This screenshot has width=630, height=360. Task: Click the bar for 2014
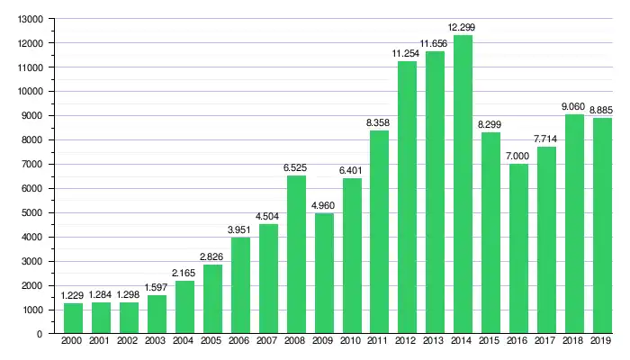[463, 184]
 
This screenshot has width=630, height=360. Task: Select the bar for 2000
[73, 319]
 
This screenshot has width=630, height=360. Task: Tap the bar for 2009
[324, 274]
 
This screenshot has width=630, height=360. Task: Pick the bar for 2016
[518, 248]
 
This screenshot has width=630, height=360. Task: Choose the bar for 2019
[602, 226]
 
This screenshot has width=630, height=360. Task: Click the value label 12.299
[463, 27]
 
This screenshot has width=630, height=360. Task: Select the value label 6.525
[296, 167]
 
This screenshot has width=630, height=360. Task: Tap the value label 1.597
[157, 287]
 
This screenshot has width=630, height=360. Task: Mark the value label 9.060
[574, 106]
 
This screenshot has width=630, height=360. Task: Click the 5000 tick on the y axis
[33, 213]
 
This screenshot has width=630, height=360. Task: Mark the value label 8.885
[602, 111]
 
